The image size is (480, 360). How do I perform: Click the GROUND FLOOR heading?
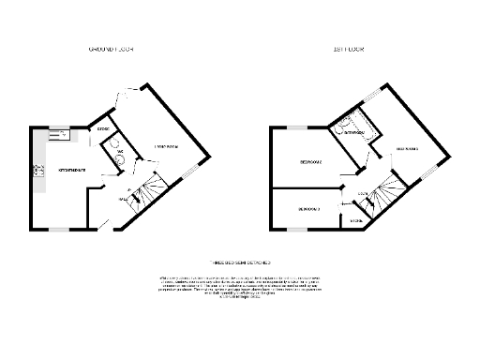(111, 48)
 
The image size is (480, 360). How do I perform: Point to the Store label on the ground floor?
(102, 129)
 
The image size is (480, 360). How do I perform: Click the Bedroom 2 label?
(309, 162)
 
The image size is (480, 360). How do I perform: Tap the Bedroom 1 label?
(405, 149)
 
